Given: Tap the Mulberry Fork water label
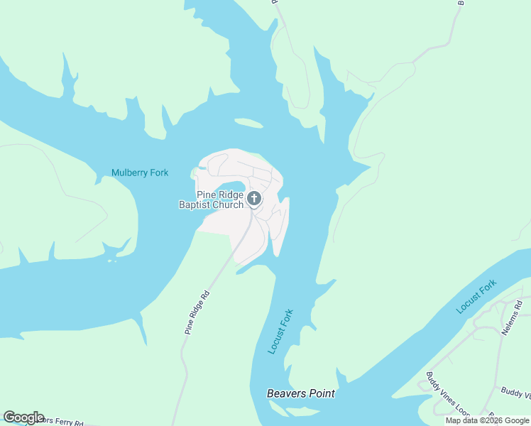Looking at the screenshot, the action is [140, 173].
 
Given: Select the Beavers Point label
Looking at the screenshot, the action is [300, 393].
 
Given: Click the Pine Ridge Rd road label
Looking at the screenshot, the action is [197, 312].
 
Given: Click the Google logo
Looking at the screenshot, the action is [23, 417].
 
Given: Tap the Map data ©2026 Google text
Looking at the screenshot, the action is [488, 420].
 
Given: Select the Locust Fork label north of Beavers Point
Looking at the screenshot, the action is [280, 331].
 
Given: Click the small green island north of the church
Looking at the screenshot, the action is [248, 124].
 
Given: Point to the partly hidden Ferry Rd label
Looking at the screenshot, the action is [60, 422].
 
